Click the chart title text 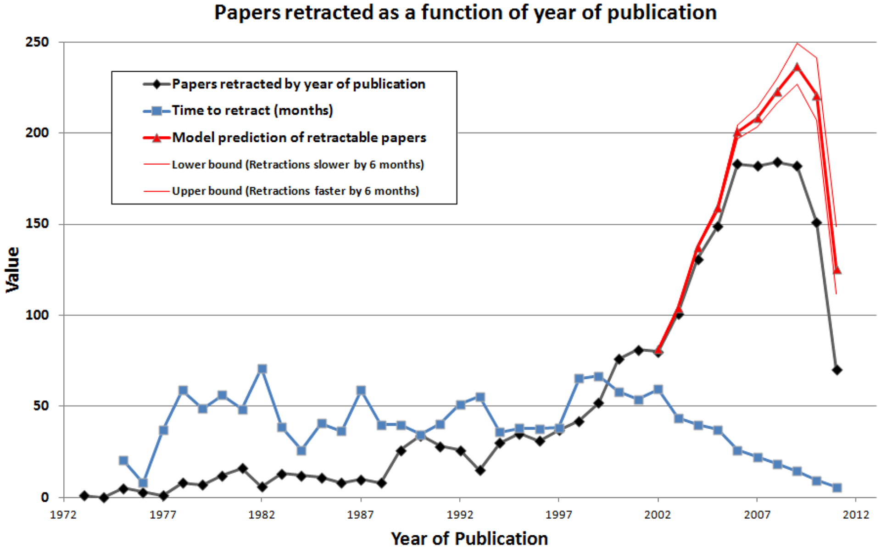coord(465,12)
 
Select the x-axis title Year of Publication coord(469,538)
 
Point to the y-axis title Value coord(13,270)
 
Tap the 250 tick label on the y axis coord(37,42)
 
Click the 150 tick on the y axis coord(37,224)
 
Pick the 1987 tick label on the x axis coord(361,515)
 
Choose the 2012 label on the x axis coord(856,515)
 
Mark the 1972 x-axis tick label coord(63,515)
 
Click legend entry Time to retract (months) coord(252,111)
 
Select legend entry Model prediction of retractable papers coord(299,138)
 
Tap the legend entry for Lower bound coord(297,165)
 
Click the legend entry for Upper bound coord(295,191)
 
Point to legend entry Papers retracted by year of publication coord(298,84)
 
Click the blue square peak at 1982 coord(262,369)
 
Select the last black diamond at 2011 coord(836,370)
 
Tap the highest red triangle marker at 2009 coord(797,67)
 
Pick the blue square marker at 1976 coord(143,483)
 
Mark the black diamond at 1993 coord(480,470)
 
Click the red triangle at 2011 coord(836,270)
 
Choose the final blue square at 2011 coord(836,488)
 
